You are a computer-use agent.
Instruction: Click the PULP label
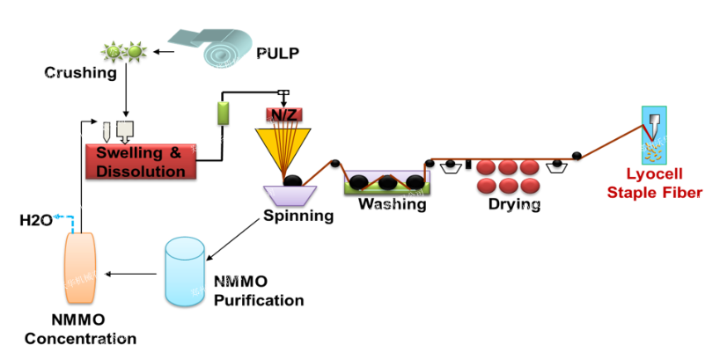(x=277, y=54)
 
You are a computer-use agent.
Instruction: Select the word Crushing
(x=82, y=73)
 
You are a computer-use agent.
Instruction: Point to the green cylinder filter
(x=223, y=114)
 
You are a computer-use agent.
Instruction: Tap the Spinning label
(x=298, y=215)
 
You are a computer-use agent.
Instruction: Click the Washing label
(x=392, y=205)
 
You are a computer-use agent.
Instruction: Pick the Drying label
(x=513, y=205)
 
